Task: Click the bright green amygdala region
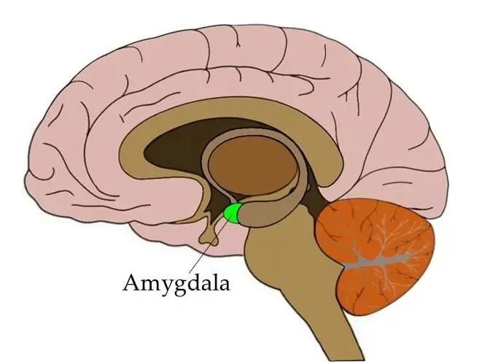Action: [x=233, y=212]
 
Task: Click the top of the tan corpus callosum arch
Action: [x=241, y=110]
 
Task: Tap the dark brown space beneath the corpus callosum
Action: [x=175, y=146]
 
